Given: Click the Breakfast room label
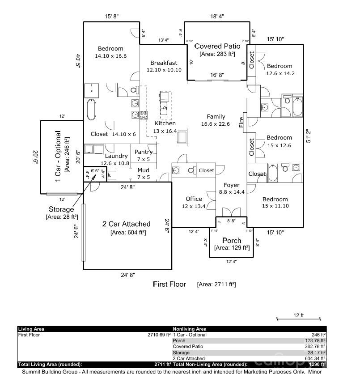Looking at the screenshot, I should coord(164,63).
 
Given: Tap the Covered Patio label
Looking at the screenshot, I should coord(217,46).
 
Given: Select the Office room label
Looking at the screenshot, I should coord(194,199).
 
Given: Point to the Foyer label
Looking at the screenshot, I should coord(231,185).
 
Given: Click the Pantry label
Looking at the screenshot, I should coord(144,152).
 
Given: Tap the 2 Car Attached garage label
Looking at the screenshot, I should coord(127,224).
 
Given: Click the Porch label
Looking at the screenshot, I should coord(231,241).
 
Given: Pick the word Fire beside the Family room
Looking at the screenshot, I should coord(241,122).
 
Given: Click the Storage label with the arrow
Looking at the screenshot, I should coord(61,209).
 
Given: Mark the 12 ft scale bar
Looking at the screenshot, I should coord(299,319).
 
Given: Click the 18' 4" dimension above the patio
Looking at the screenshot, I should coord(217,17).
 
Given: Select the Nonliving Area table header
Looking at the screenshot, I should coord(190,329).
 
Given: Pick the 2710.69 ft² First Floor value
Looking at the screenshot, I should coord(159,335).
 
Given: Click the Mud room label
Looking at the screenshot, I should coord(143,170).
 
